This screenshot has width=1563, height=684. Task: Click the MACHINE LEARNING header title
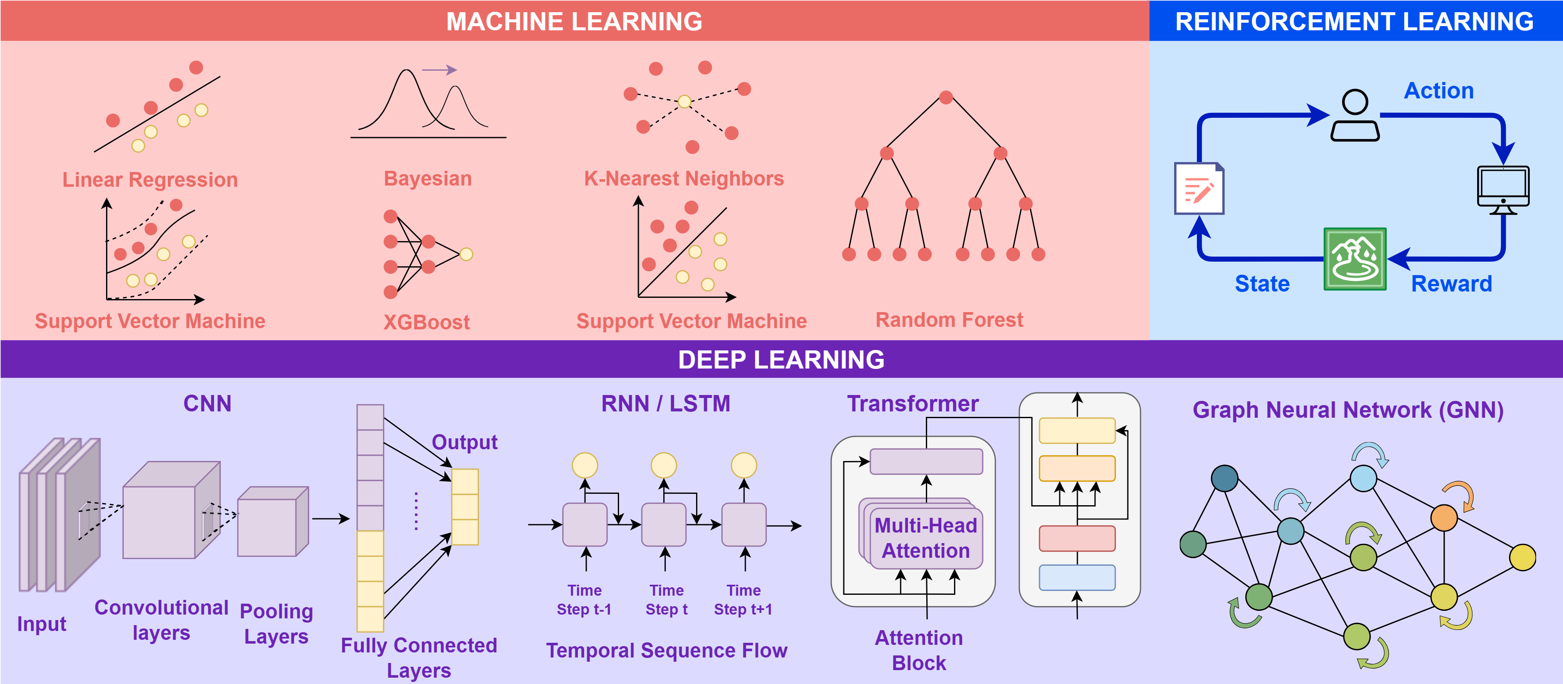point(574,21)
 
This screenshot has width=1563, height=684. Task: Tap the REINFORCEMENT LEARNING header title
point(1354,21)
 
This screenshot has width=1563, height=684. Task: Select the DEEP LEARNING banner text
point(781,360)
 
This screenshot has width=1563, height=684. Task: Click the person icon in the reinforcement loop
point(1355,115)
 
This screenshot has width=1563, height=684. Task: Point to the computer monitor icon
point(1502,189)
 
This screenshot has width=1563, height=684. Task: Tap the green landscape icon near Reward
point(1355,259)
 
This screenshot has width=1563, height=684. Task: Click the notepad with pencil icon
point(1199,188)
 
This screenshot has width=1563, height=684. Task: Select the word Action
point(1438,91)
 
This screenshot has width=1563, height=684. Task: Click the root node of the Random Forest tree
point(945,97)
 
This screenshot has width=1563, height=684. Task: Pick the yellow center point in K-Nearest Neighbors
point(684,101)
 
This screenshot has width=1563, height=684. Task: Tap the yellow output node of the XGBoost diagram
point(466,254)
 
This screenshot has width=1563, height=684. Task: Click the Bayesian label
point(428,179)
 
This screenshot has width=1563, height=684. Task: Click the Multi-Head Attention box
point(926,538)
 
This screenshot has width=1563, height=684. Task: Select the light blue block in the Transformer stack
point(1077,577)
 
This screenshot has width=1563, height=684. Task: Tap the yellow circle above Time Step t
point(664,465)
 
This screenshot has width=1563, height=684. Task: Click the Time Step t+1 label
point(743,600)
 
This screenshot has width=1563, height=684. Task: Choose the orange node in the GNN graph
point(1444,517)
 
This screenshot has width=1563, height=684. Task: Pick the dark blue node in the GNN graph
point(1224,478)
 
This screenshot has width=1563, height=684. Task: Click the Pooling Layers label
point(276,623)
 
